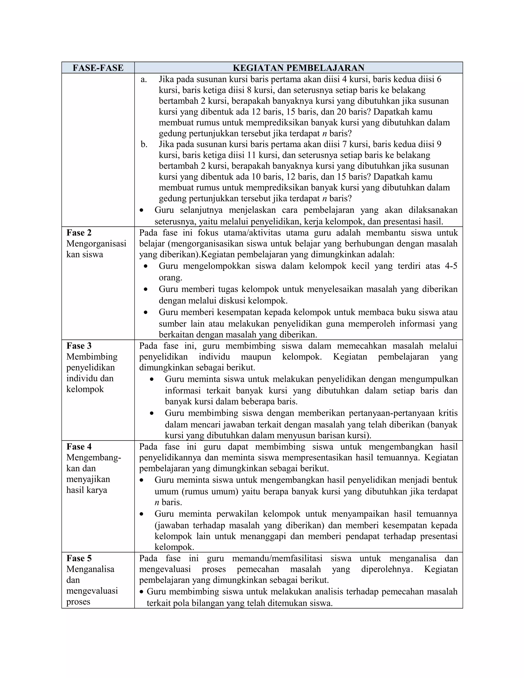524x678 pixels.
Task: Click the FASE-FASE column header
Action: [98, 68]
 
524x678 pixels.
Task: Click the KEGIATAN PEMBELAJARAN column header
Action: [298, 68]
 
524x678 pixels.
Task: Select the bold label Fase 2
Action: [79, 233]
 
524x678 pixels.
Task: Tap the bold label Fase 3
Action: [79, 346]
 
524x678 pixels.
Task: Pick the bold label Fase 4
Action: [79, 447]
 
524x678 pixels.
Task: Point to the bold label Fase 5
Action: [79, 558]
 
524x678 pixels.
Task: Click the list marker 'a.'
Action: [144, 80]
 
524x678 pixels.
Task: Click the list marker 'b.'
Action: [144, 144]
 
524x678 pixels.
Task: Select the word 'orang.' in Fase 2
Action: [170, 278]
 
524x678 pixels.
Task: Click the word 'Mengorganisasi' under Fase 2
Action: [96, 244]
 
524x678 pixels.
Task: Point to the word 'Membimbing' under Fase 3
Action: [92, 357]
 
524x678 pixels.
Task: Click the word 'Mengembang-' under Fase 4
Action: [93, 458]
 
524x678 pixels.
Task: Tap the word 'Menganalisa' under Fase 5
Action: [90, 569]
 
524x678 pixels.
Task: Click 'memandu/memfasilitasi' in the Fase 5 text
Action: [277, 558]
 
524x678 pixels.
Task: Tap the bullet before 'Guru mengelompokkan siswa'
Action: [146, 266]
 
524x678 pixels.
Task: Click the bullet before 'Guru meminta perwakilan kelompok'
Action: [142, 514]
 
